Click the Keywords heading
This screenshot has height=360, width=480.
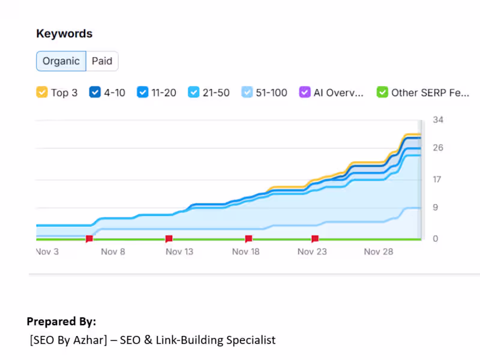64,34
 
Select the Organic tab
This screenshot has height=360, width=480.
61,61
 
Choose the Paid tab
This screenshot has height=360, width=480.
102,61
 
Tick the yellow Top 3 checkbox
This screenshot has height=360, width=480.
42,92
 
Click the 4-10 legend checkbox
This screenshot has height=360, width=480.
95,92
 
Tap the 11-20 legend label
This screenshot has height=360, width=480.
164,92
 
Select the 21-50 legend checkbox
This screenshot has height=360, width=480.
194,92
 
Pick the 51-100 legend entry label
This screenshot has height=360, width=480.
272,92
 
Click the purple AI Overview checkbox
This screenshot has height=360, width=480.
304,92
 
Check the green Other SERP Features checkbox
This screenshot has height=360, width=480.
382,92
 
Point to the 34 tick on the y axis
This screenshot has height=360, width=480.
438,120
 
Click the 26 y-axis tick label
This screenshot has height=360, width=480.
438,148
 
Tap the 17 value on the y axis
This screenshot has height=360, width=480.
438,179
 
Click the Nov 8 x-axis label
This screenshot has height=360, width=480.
113,251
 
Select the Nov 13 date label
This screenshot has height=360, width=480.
179,251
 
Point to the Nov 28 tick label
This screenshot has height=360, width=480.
379,251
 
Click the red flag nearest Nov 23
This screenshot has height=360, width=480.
315,239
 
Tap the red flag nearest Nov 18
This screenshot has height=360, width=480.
248,239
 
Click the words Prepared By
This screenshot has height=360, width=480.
61,321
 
